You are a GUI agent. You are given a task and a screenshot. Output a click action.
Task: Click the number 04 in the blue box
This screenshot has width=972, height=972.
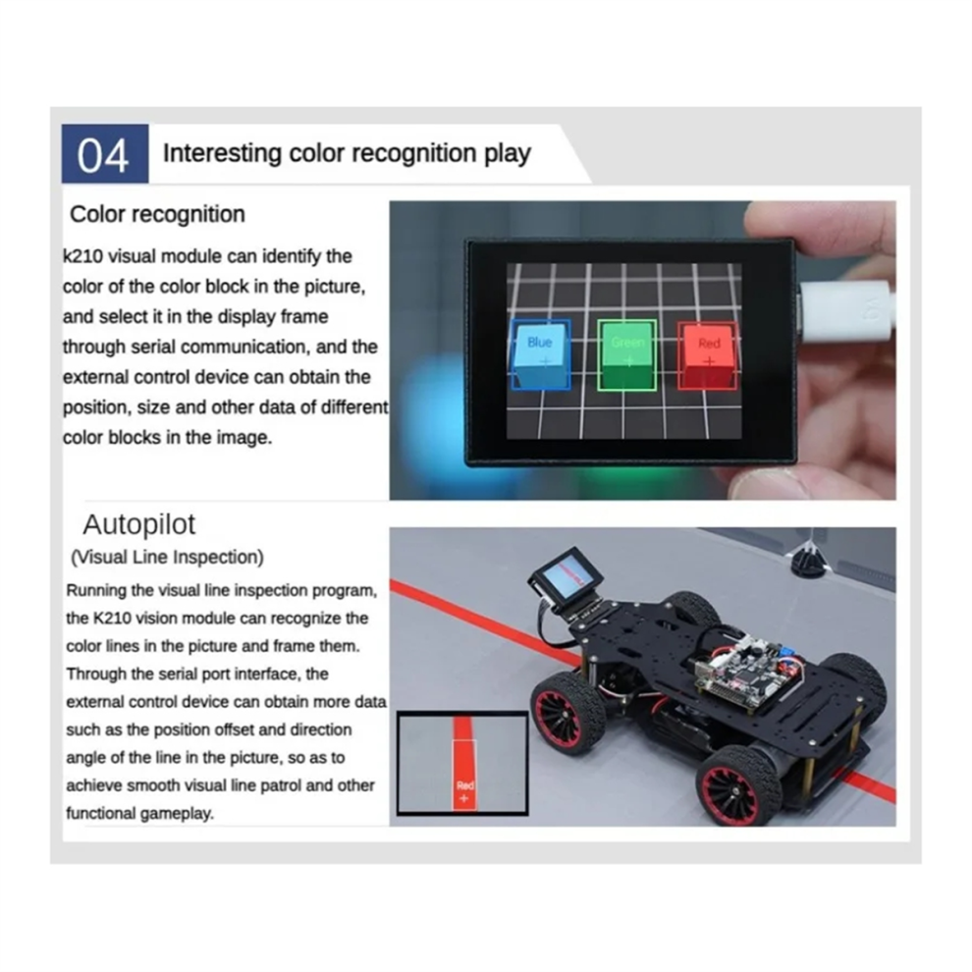click(x=103, y=155)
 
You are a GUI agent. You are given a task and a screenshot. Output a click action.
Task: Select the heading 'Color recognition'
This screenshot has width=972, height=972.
click(x=157, y=214)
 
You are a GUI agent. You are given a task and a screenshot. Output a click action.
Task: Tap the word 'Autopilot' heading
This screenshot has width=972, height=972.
click(x=138, y=524)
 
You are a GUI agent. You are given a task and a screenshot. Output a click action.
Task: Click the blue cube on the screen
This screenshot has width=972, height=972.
click(x=541, y=355)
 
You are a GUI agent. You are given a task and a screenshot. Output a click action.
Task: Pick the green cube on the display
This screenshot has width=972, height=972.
click(x=626, y=355)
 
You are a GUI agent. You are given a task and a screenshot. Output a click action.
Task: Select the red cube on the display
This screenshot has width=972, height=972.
click(x=708, y=355)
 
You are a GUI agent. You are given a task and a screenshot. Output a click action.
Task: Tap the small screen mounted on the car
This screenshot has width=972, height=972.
click(x=566, y=578)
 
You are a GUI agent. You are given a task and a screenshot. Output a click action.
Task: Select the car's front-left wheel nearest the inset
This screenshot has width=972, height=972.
click(x=568, y=712)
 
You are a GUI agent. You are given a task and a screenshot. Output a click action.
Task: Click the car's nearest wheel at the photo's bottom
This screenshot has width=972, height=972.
click(x=737, y=785)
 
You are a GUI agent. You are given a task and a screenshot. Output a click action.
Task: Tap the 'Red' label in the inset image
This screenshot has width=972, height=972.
click(x=465, y=785)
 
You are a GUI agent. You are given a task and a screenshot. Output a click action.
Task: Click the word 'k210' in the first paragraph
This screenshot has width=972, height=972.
click(x=82, y=256)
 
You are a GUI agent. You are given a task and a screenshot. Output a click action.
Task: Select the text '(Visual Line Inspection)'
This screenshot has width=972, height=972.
click(x=167, y=558)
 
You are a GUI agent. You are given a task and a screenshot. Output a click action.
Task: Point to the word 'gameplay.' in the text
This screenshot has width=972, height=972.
click(x=177, y=813)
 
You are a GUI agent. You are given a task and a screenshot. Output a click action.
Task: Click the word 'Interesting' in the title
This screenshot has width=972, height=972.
click(x=222, y=153)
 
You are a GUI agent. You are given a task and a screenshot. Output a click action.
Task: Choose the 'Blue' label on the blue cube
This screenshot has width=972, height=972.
click(x=539, y=343)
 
